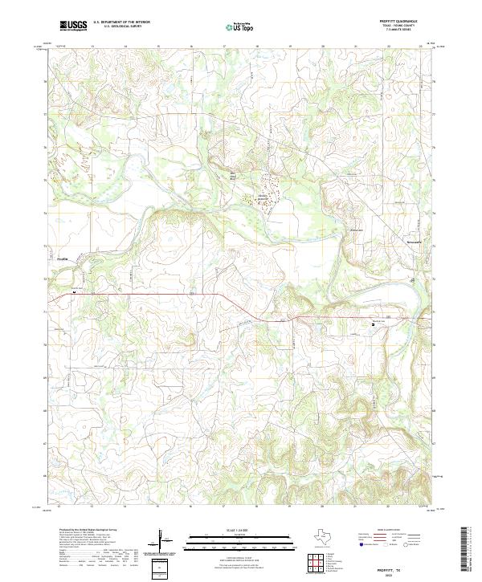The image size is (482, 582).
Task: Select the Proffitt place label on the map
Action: click(x=62, y=258)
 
